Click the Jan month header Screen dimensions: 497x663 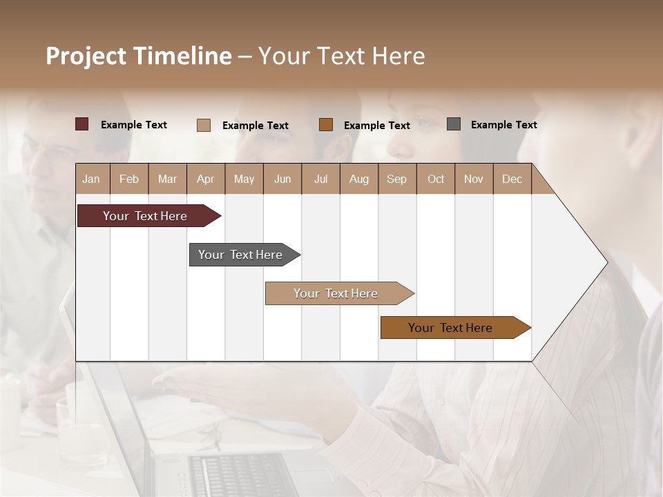coord(91,179)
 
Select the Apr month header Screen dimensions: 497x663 coord(205,179)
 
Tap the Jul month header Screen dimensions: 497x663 coord(320,179)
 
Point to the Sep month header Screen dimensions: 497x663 coord(396,179)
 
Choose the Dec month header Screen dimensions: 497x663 coord(512,179)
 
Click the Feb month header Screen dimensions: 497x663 coord(129,179)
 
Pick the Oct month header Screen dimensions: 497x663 coord(436,179)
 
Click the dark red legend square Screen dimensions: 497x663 coord(81,124)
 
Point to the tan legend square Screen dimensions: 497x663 coord(204,125)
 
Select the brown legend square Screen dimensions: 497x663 coord(326,124)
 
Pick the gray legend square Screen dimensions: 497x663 coord(454,124)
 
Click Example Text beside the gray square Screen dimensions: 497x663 coord(503,125)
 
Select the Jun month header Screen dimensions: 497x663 coord(282,179)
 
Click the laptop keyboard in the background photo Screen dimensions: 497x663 coord(242,476)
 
